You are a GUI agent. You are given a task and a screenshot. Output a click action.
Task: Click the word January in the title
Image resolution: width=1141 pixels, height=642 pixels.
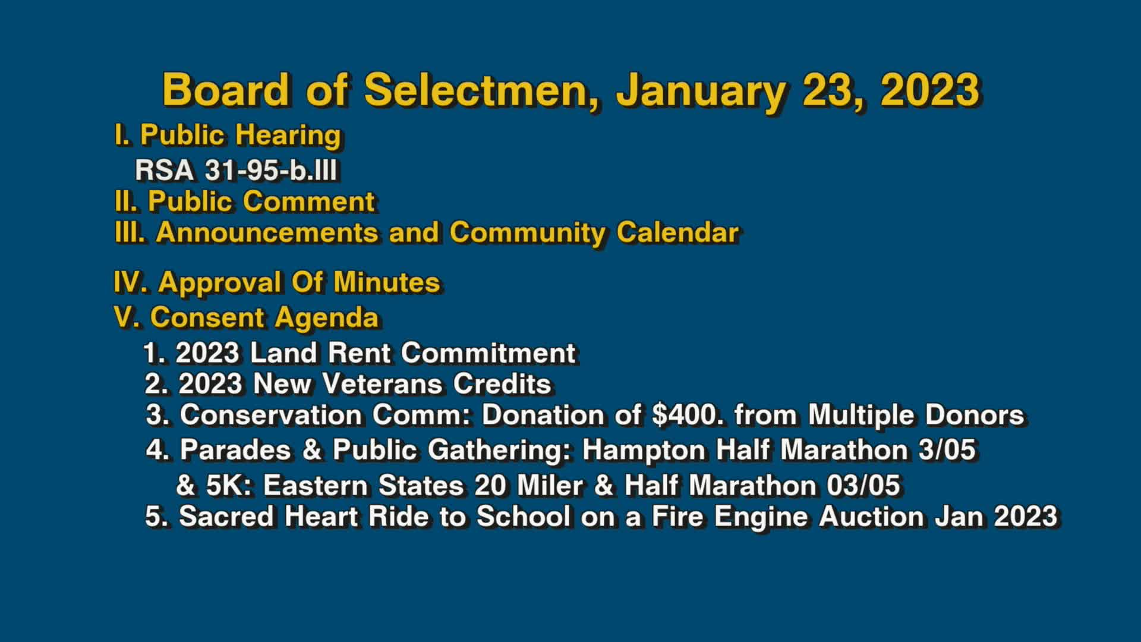pyautogui.click(x=701, y=90)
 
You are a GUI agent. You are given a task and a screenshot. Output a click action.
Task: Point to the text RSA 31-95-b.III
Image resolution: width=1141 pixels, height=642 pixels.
pyautogui.click(x=236, y=171)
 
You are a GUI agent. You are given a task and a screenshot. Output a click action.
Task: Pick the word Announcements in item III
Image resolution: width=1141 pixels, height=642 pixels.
pyautogui.click(x=267, y=232)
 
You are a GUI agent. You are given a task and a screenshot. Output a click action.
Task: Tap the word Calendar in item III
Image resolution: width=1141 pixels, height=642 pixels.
pyautogui.click(x=677, y=232)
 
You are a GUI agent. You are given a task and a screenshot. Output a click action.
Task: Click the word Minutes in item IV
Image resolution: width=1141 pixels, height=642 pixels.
pyautogui.click(x=386, y=282)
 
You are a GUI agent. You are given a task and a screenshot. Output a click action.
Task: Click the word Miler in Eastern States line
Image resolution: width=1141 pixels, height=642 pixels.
pyautogui.click(x=549, y=485)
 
